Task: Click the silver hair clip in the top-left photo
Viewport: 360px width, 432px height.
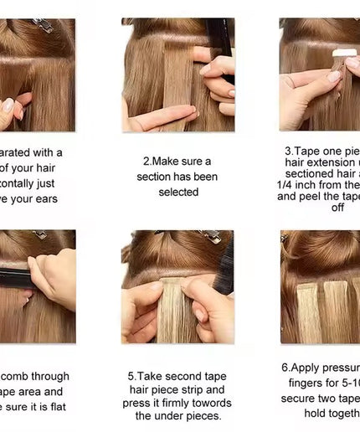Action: (42, 25)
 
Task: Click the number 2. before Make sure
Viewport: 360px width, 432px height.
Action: (147, 161)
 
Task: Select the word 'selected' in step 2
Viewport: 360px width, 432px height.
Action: (178, 192)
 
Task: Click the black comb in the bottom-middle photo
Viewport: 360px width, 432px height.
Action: (224, 268)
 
